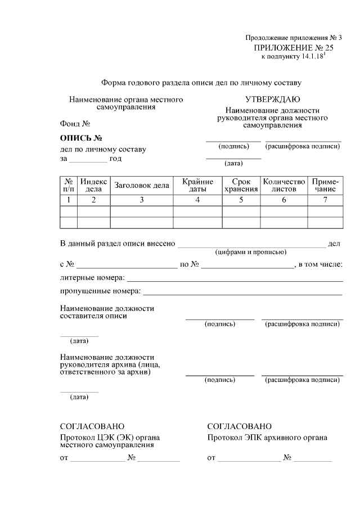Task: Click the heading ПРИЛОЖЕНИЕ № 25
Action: pos(290,48)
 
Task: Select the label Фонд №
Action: pos(75,123)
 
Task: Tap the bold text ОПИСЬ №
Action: pos(80,138)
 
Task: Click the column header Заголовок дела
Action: pos(142,186)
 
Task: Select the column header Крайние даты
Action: pos(197,186)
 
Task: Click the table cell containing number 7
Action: pos(325,200)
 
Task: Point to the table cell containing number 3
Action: pos(142,200)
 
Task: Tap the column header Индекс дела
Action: pos(93,186)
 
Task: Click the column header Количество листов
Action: pos(284,186)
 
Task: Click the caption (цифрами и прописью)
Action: pos(251,253)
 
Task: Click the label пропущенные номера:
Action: pos(100,292)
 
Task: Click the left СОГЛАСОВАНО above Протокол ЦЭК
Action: pos(92,426)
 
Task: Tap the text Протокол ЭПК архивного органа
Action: pos(267,438)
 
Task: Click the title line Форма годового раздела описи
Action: pos(201,83)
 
